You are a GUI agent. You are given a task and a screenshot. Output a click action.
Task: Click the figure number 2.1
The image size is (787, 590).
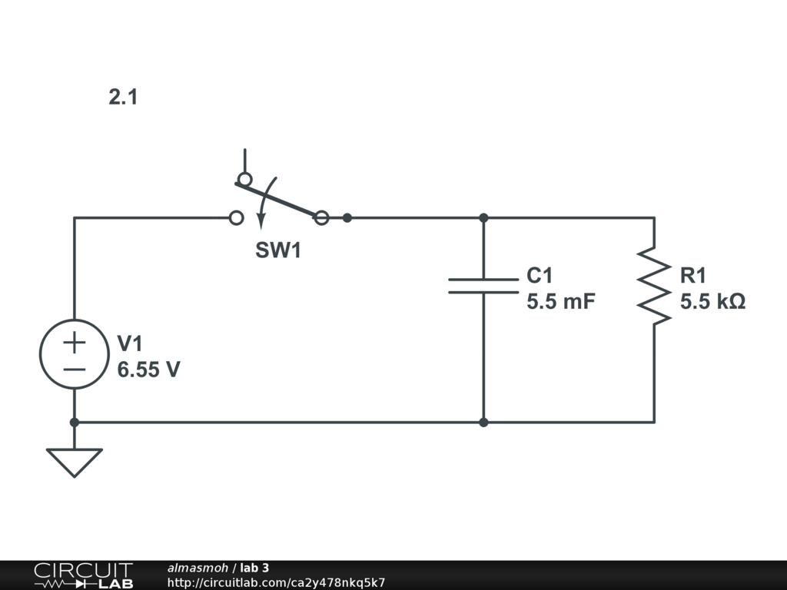[x=123, y=98]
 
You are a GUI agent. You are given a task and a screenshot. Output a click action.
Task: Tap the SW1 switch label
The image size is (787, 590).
[x=278, y=250]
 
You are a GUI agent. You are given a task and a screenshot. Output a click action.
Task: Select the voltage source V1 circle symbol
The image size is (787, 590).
[x=75, y=354]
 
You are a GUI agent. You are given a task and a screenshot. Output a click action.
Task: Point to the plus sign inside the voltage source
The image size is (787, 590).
[x=75, y=341]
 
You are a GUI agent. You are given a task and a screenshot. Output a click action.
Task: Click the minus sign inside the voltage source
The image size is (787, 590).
[x=75, y=369]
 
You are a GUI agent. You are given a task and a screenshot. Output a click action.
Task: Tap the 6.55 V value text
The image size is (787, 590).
[x=149, y=370]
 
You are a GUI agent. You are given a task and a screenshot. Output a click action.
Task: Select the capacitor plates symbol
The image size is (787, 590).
[x=483, y=286]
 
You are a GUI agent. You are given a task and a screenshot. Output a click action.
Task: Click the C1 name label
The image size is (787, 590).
[x=540, y=275]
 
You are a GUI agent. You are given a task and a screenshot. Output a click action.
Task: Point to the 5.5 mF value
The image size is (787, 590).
[x=561, y=302]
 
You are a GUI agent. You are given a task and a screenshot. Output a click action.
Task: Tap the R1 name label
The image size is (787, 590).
[x=693, y=275]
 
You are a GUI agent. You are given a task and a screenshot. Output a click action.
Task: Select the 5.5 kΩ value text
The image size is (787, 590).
[x=712, y=302]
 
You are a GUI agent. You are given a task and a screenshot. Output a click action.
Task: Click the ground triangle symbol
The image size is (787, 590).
[x=75, y=461]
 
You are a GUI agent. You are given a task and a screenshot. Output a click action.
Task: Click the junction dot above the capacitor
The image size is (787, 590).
[x=483, y=218]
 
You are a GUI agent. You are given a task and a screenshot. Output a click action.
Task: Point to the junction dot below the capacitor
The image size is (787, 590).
[x=483, y=422]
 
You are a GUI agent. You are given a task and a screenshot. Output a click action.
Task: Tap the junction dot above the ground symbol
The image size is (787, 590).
[x=75, y=422]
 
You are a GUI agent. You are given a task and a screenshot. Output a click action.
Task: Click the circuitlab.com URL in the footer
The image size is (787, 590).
[x=276, y=582]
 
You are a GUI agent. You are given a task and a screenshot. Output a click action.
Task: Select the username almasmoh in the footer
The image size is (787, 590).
[x=198, y=568]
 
